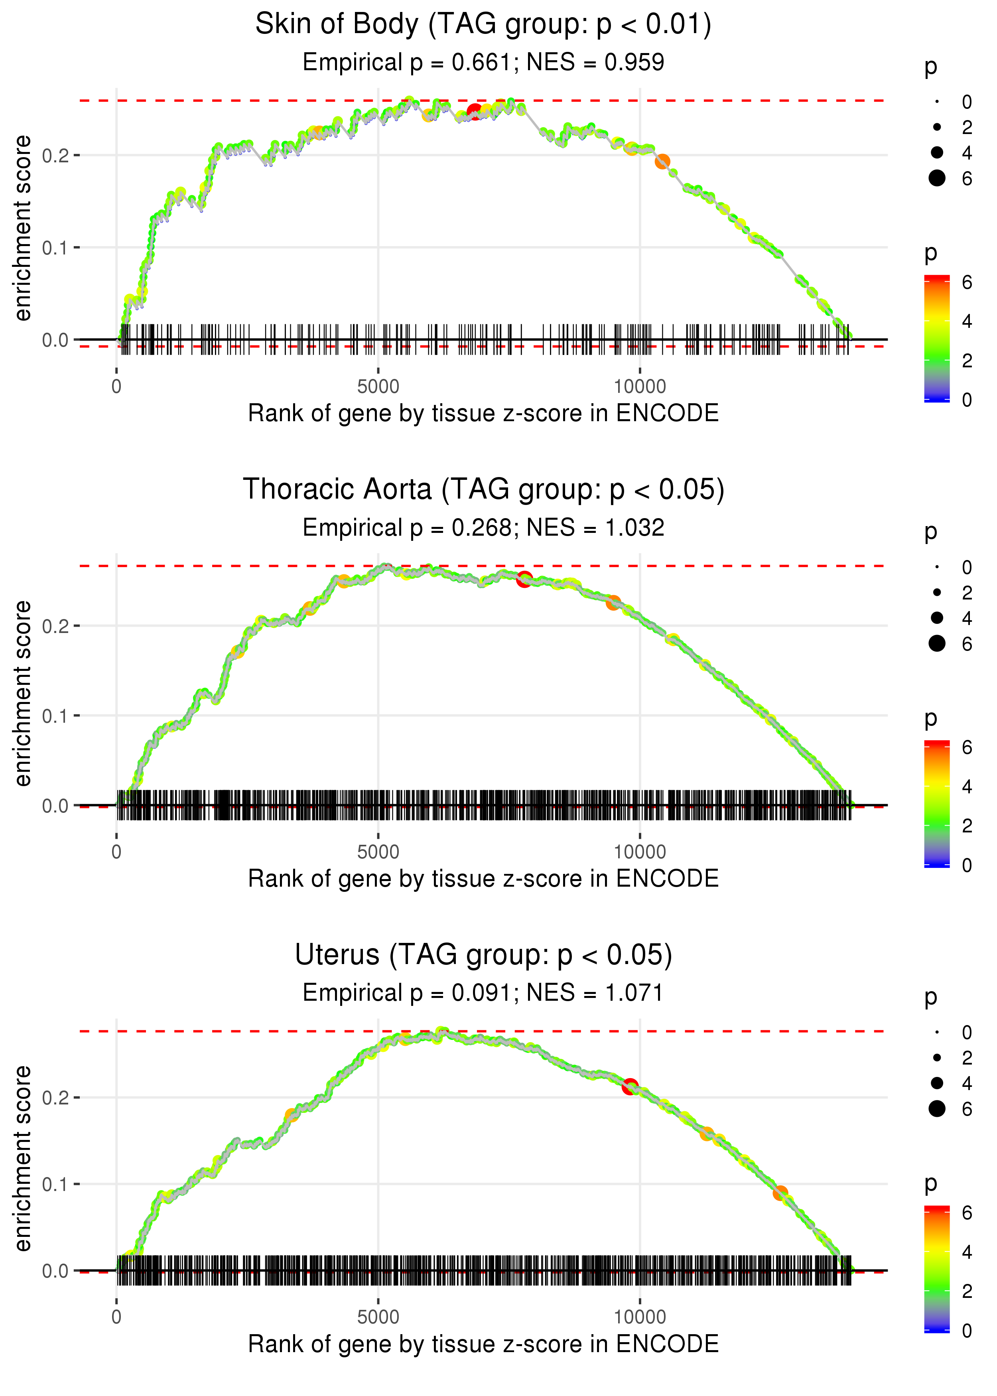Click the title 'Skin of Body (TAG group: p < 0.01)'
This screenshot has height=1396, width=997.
483,25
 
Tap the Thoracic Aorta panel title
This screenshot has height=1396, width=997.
483,490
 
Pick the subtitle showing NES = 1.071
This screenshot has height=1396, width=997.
483,993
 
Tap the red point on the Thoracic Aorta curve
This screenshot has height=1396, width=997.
524,579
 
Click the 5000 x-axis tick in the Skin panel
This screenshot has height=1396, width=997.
378,387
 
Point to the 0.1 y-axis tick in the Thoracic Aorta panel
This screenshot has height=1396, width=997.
55,716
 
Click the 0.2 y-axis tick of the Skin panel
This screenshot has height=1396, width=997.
55,155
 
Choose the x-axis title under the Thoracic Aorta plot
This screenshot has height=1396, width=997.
483,879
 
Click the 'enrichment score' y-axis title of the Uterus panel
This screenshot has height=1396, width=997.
23,1158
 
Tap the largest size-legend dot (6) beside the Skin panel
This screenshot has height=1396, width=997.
937,178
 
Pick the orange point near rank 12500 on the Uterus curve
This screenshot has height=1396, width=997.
780,1193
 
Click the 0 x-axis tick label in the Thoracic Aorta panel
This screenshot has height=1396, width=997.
116,852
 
